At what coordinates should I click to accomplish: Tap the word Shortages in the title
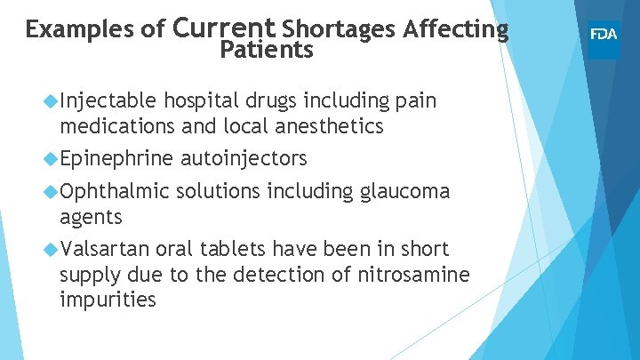pos(338,29)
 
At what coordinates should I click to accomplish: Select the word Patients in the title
pos(267,51)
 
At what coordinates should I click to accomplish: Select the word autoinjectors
pos(244,159)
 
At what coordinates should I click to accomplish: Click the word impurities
pos(108,300)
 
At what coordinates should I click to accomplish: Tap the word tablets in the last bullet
pos(235,249)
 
